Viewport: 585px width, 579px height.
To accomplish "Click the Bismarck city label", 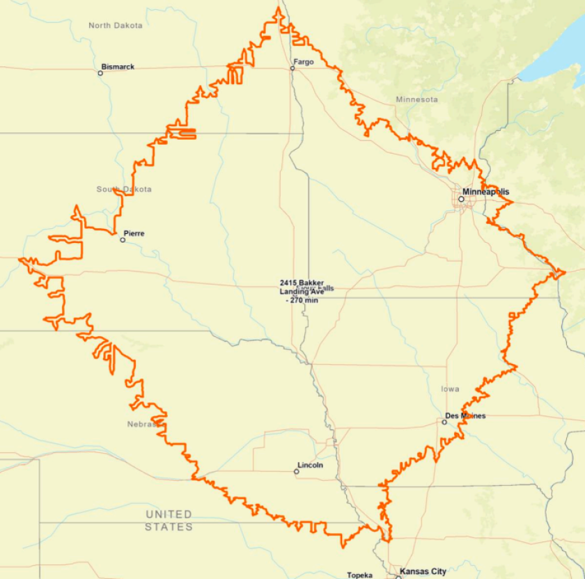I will coord(118,67).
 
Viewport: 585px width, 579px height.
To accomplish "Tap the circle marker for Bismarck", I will coord(100,72).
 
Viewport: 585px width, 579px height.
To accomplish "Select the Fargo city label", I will coord(304,62).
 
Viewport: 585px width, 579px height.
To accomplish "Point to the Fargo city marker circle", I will coord(292,68).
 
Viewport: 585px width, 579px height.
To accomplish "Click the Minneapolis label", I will coord(486,191).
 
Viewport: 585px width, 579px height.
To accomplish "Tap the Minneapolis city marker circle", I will coord(461,199).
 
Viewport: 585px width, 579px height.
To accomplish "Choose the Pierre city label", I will coord(134,233).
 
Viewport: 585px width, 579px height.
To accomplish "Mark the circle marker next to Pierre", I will coord(123,239).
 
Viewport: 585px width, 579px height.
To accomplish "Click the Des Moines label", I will coord(466,416).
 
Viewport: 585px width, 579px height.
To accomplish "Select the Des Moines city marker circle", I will coord(444,422).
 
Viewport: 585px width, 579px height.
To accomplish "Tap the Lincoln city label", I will coord(310,465).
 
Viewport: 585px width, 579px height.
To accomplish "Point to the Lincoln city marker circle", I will coord(296,471).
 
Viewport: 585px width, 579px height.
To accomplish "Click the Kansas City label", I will coord(423,571).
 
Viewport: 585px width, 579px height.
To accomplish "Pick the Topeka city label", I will coord(360,575).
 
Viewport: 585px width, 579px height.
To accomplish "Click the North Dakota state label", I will coord(116,25).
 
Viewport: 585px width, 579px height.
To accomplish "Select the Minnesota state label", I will coord(417,100).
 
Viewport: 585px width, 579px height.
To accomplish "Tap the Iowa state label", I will coord(450,389).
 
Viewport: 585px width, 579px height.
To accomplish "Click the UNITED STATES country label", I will coord(169,521).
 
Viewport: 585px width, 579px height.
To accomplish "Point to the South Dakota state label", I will coord(124,189).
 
